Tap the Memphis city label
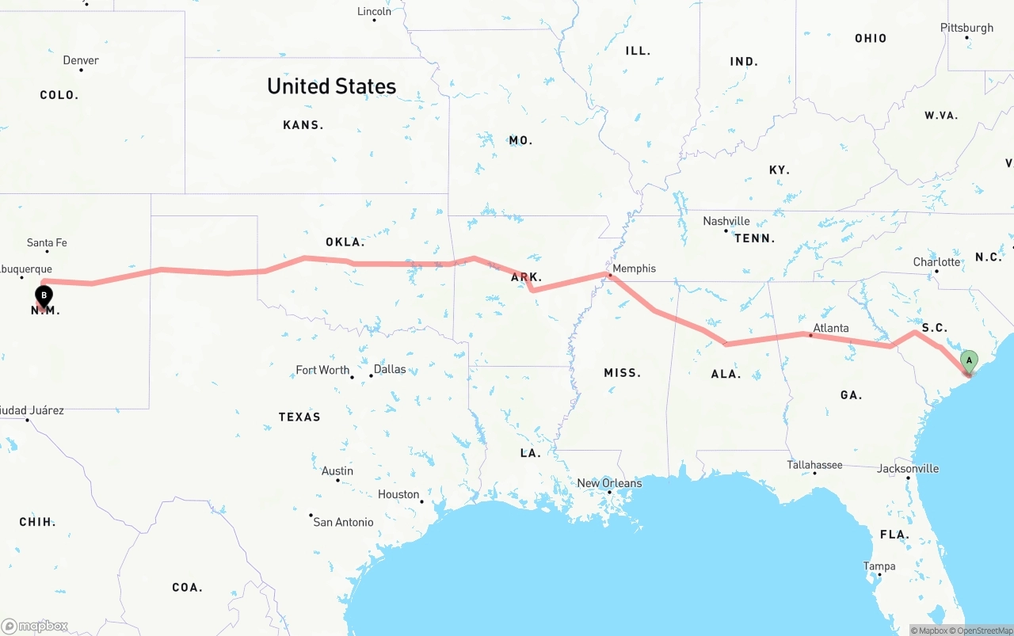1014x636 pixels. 634,268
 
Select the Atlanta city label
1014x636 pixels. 830,328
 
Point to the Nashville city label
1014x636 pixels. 726,221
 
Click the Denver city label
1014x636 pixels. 81,60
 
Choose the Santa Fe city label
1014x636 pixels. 47,242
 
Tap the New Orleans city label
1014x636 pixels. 609,483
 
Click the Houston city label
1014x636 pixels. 398,494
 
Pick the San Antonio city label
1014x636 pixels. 343,522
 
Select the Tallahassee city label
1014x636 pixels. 814,465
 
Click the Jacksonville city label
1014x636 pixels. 908,468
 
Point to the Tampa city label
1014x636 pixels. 879,566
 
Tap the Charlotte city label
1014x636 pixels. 936,262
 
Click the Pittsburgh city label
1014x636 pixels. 966,28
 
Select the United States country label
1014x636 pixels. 331,86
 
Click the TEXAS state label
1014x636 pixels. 299,417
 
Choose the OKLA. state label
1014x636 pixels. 345,242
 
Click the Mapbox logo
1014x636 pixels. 35,626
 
